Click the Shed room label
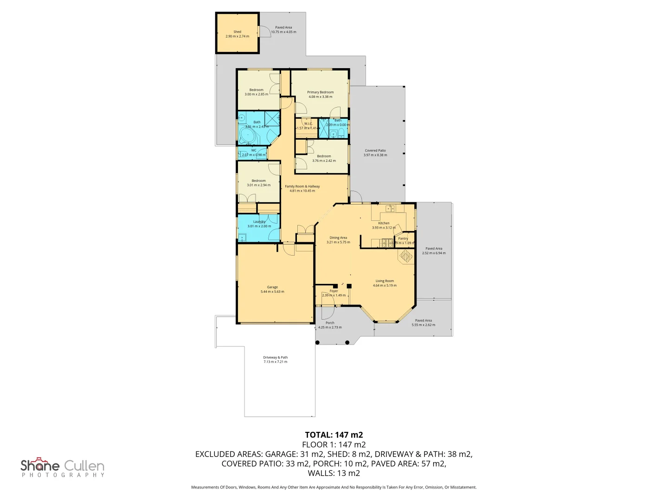tap(237, 32)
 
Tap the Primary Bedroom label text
tap(320, 92)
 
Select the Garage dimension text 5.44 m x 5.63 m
tap(272, 292)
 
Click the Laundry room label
tap(259, 222)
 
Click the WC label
tap(254, 150)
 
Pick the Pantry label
tap(403, 238)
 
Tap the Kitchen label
tap(384, 223)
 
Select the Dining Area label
tap(338, 238)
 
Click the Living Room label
tap(385, 281)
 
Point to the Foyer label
tap(334, 291)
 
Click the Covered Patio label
tap(375, 151)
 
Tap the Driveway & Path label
tap(276, 358)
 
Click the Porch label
tap(330, 323)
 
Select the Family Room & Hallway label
tap(302, 186)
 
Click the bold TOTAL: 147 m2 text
tap(334, 435)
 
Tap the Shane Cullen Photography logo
tap(63, 467)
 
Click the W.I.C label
tap(308, 124)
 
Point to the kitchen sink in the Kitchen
tap(390, 208)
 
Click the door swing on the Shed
tap(265, 32)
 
